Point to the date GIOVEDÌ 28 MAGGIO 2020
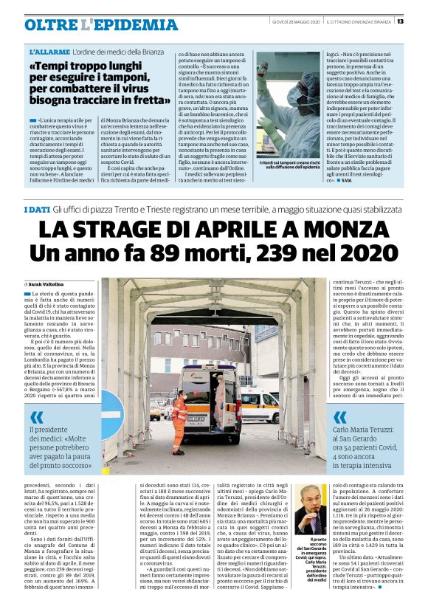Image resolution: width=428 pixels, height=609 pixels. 295,21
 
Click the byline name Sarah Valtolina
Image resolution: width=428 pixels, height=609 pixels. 49,283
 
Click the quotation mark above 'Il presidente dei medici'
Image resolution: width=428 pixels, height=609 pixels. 38,417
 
